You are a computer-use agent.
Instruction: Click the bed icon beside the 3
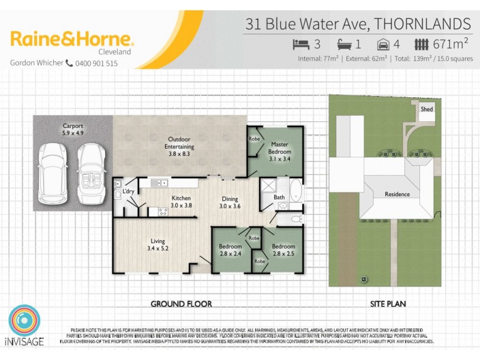tap(300, 44)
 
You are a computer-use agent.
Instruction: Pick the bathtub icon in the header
tap(344, 44)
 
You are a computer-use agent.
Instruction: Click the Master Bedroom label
tap(280, 148)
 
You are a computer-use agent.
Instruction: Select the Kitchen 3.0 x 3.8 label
tap(181, 202)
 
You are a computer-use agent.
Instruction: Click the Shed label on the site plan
tap(427, 109)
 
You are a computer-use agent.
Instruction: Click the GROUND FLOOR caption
tap(181, 304)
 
